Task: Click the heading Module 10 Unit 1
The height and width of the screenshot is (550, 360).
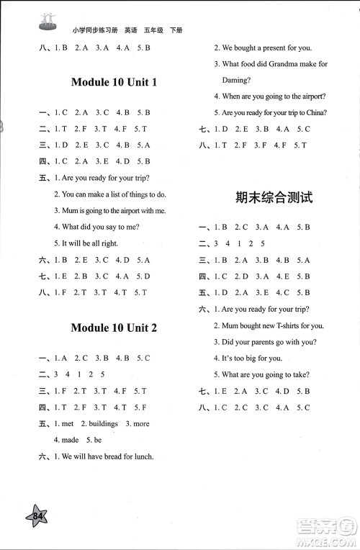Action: click(114, 82)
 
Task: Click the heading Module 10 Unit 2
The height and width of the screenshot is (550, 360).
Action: click(114, 328)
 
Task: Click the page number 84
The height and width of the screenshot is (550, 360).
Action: click(38, 515)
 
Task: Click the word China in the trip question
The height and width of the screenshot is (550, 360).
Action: click(314, 112)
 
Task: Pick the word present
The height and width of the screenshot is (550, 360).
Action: click(270, 48)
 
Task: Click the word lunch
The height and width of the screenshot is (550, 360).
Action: click(143, 456)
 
